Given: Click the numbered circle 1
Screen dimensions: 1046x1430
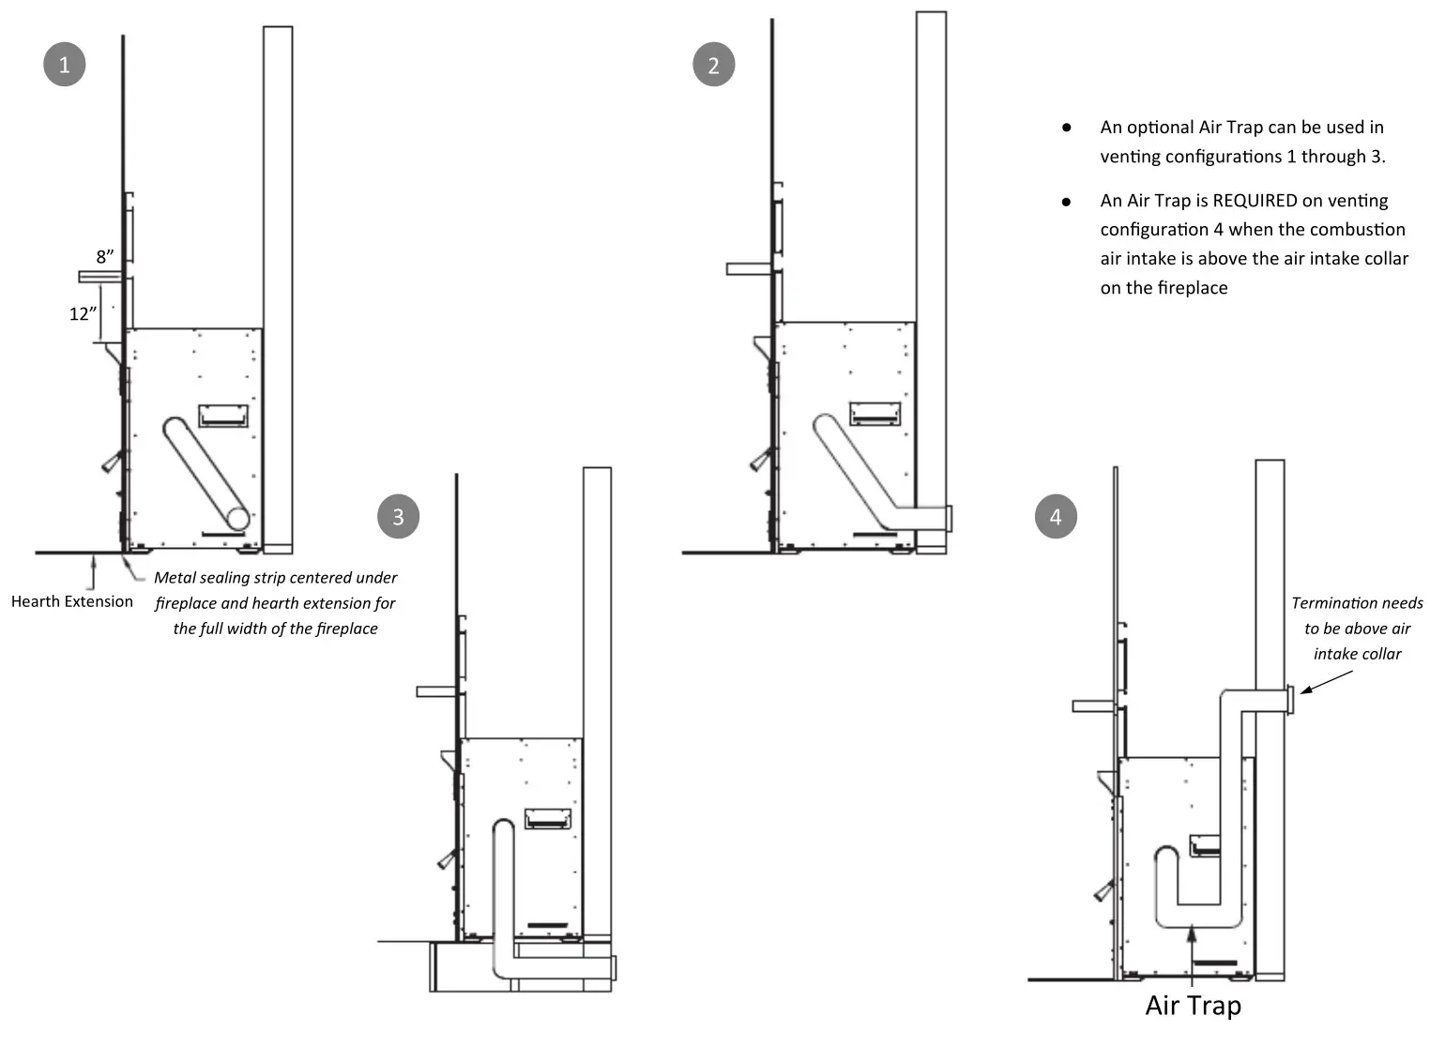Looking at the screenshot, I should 64,65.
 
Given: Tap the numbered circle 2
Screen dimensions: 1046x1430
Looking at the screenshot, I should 713,66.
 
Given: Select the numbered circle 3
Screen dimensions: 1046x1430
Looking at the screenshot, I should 398,517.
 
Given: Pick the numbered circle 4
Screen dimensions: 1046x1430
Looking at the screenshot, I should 1056,517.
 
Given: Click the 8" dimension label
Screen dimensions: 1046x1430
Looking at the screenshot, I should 105,257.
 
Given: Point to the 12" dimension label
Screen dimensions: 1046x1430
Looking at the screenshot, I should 83,314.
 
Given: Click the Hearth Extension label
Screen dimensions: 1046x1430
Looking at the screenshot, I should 72,601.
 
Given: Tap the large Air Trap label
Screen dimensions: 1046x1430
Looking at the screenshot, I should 1193,1006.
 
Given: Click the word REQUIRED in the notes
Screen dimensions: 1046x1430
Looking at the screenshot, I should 1255,201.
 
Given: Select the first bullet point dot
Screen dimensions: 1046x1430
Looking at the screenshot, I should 1066,128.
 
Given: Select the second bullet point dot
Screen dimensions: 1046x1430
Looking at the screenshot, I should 1066,202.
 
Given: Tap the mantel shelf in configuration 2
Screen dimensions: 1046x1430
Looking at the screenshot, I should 750,269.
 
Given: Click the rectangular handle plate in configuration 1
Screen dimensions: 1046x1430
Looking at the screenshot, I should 222,415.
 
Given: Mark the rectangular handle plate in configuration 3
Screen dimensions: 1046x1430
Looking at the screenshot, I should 547,818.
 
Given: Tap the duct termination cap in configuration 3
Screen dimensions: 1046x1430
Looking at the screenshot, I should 614,968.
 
